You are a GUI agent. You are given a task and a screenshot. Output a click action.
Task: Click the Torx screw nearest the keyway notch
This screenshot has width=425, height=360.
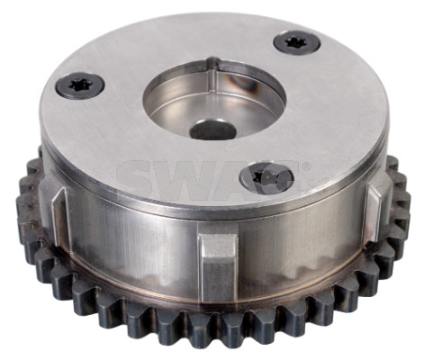click(x=297, y=44)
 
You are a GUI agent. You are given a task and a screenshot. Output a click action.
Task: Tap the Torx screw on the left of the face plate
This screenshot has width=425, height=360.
click(x=80, y=85)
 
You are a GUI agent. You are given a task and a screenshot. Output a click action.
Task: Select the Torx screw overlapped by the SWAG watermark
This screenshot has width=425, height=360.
click(x=267, y=178)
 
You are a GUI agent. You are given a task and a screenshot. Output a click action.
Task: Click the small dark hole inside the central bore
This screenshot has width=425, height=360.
click(x=212, y=130)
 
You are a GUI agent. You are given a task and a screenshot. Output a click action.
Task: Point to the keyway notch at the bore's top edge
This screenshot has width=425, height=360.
click(x=213, y=61)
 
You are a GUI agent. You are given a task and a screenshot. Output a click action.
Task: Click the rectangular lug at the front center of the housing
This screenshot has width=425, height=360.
click(x=218, y=267)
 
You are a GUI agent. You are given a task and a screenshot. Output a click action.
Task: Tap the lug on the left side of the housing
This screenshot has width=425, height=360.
click(x=58, y=215)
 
